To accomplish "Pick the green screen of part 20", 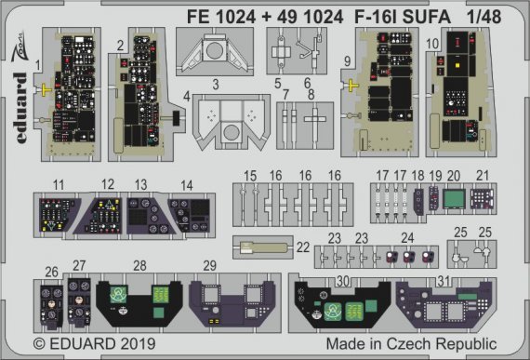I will pos(455,200).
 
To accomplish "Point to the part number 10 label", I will pos(432,43).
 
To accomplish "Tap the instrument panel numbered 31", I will pos(444,303).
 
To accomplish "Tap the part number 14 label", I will pos(187,184).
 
